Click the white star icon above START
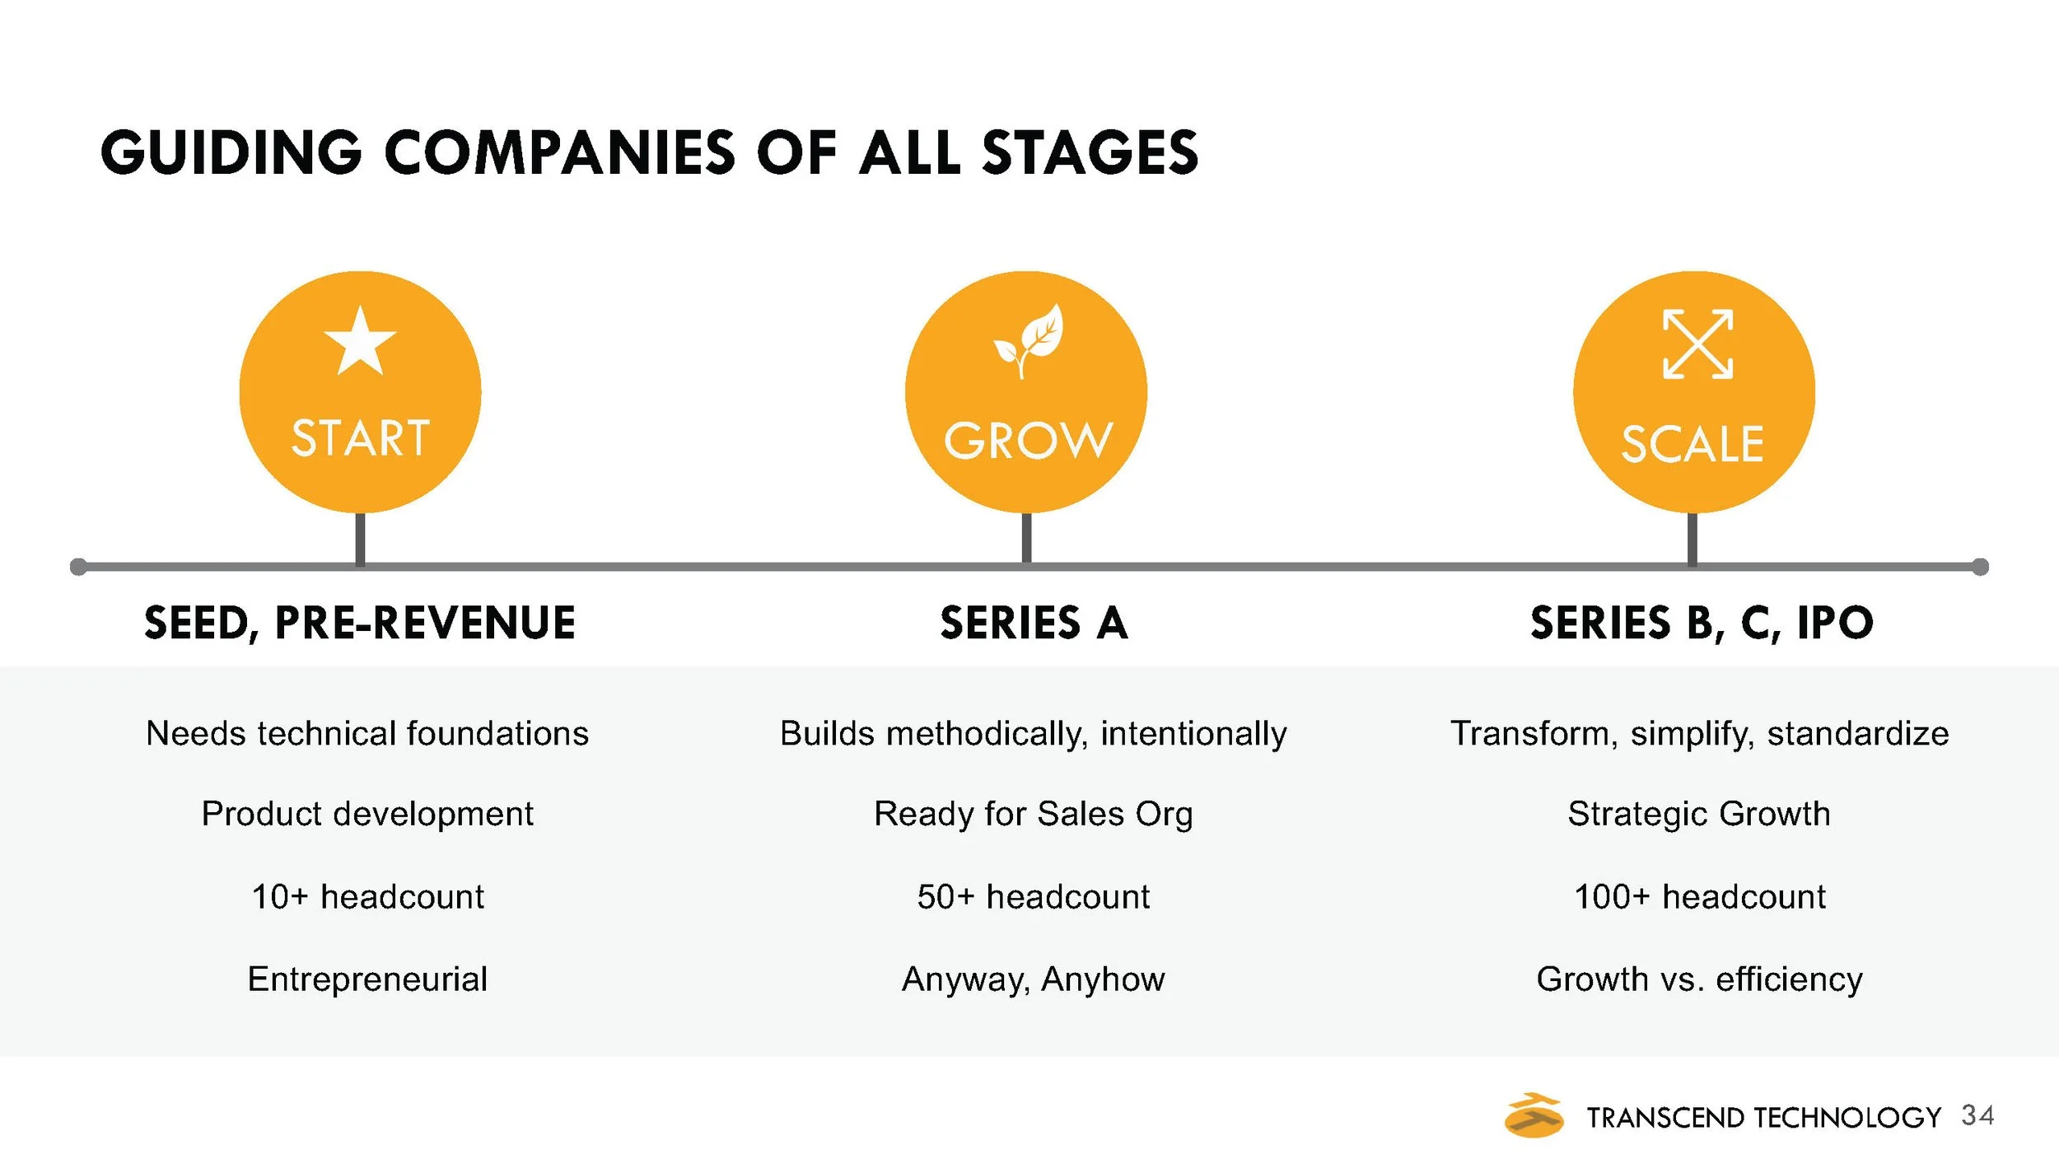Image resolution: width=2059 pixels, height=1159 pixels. coord(360,342)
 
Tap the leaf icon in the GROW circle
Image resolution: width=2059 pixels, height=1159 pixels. coord(1029,340)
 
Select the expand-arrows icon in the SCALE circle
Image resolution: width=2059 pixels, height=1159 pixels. coord(1697,344)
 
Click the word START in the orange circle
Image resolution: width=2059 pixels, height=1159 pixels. coord(360,437)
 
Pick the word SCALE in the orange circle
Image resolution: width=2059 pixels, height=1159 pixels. coord(1692,445)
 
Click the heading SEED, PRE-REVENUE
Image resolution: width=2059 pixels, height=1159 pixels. coord(360,623)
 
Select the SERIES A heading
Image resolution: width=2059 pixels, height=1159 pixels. coord(1034,623)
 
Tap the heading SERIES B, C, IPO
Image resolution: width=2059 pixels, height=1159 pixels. coord(1702,623)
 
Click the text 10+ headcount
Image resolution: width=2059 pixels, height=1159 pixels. coord(367,897)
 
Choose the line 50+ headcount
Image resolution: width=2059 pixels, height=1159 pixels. coord(1033,897)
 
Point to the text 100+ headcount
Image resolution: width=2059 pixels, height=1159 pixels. coord(1699,897)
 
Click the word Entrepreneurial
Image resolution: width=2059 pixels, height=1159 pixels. coord(367,979)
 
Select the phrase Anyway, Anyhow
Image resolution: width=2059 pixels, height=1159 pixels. coord(1033,979)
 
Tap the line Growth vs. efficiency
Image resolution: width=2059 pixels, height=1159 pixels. coord(1699,979)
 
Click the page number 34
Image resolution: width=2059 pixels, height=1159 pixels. coord(1977,1115)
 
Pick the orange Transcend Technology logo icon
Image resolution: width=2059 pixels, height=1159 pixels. coord(1534,1115)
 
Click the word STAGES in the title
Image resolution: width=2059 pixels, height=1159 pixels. coord(1090,153)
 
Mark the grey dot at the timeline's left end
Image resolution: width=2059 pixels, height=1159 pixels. coord(79,567)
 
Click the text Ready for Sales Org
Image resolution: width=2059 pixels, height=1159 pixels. coord(1033,814)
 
